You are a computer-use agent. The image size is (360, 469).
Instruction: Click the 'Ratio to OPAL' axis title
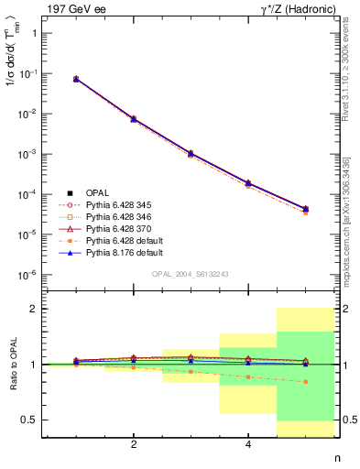[x=12, y=365]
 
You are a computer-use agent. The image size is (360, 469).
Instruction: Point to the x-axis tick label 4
[x=248, y=445]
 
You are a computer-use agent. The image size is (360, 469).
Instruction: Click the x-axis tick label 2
[x=134, y=445]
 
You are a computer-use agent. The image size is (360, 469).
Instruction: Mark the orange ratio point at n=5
[x=305, y=382]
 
